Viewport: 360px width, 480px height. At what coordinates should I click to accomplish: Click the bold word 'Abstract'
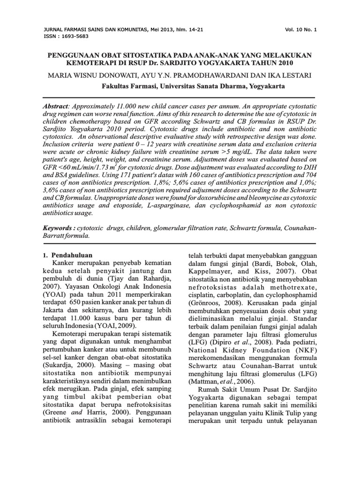pos(55,107)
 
